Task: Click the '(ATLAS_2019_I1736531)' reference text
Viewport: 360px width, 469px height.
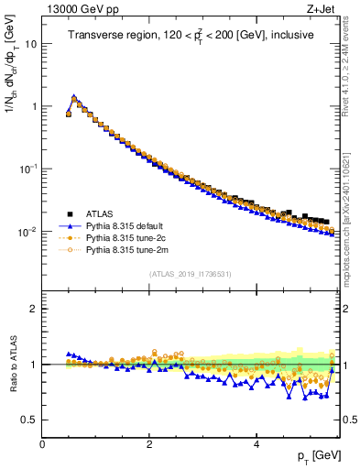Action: [190, 274]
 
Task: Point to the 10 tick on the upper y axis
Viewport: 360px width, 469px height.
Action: [31, 43]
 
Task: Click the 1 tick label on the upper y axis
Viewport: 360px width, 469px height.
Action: [34, 106]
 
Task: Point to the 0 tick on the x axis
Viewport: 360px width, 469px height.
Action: [42, 444]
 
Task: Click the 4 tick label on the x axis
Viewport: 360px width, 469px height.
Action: [256, 444]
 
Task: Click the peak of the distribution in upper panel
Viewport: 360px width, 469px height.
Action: [74, 96]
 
